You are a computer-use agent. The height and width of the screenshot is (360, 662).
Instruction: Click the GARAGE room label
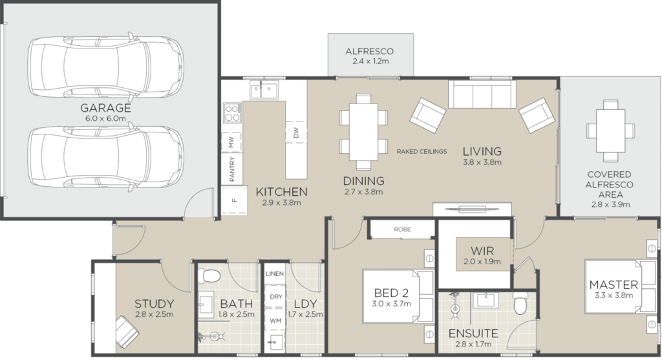pos(105,108)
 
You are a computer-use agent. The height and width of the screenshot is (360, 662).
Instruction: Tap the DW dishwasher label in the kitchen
pos(296,132)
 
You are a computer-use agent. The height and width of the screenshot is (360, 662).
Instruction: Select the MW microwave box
pos(231,142)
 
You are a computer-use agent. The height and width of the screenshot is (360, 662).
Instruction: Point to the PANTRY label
pos(232,169)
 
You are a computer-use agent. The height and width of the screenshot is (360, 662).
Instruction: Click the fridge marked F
pos(235,200)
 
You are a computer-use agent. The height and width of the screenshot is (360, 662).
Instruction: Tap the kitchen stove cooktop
pos(232,112)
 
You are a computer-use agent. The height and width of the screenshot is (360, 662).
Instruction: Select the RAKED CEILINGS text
pos(422,151)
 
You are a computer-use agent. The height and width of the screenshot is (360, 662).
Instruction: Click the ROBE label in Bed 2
pos(402,229)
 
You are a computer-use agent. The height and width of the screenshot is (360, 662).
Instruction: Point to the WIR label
pos(482,251)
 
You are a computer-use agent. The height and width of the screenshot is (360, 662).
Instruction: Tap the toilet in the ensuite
pos(520,302)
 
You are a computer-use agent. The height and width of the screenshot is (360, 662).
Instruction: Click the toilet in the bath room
pos(209,275)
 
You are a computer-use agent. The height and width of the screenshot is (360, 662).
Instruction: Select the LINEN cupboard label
pos(274,274)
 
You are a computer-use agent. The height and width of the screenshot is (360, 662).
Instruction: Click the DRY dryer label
pos(275,297)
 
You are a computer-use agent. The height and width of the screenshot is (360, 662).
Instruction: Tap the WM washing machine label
pos(275,321)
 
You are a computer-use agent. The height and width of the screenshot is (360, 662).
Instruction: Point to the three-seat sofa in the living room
pos(482,94)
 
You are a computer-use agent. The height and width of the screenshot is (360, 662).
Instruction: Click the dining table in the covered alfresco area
pos(610,131)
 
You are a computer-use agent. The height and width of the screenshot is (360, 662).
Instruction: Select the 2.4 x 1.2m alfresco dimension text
pos(370,61)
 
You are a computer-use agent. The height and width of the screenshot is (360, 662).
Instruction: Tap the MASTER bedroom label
pos(614,284)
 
